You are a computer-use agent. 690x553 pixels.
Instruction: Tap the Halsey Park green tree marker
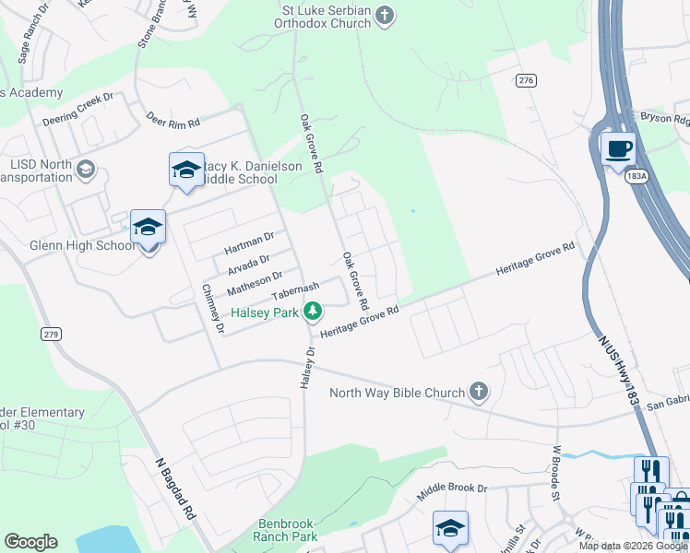(314, 312)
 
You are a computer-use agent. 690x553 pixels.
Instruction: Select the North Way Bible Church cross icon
(478, 393)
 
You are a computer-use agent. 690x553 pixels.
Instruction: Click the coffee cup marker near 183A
(618, 147)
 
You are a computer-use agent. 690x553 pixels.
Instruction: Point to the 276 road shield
(526, 81)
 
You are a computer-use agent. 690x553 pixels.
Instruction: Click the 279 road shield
(51, 335)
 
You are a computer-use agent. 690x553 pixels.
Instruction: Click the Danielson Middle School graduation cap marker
(185, 169)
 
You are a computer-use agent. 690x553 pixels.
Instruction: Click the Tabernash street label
(296, 292)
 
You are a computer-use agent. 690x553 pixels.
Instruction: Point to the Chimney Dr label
(213, 308)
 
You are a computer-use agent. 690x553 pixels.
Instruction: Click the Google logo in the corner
(30, 542)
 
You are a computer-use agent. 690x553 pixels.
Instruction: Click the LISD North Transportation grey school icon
(86, 169)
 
